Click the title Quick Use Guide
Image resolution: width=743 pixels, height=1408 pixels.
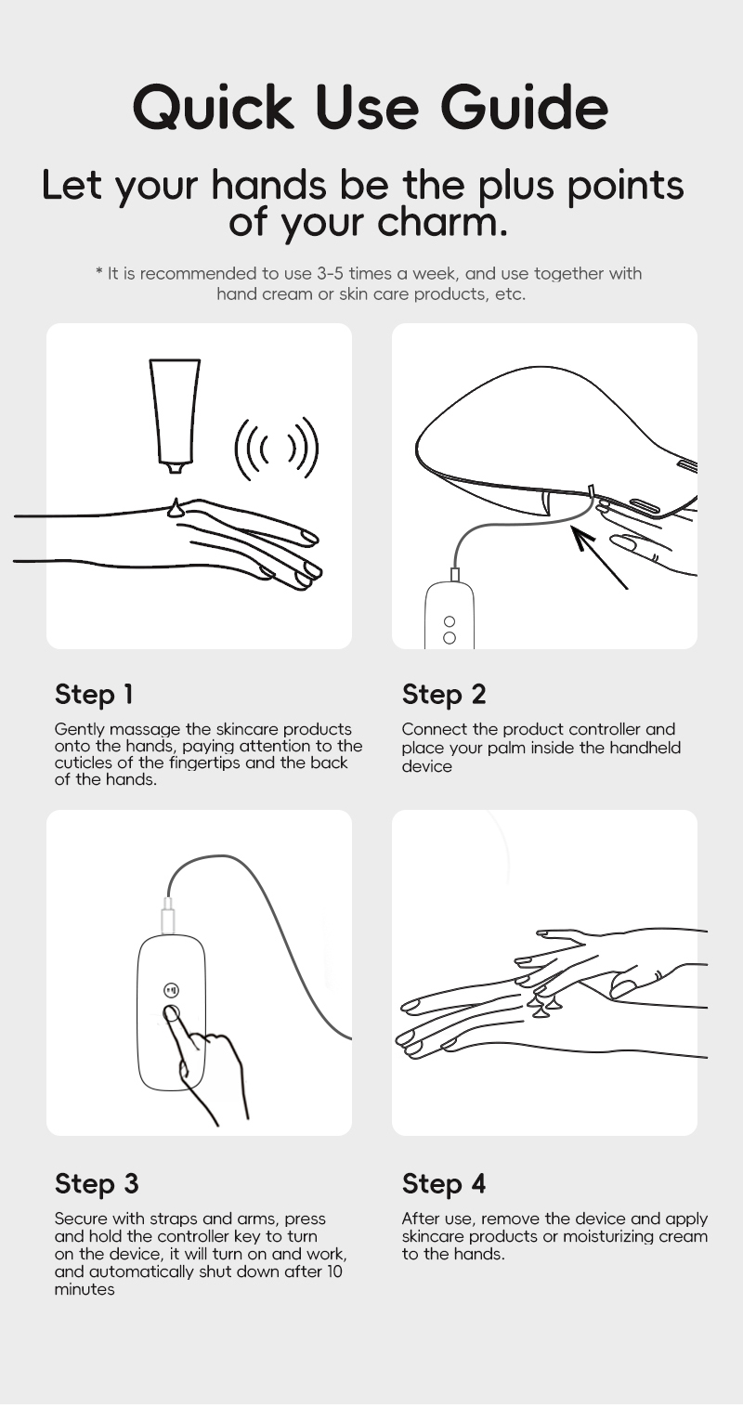(x=371, y=108)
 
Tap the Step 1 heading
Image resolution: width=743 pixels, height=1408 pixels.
(x=94, y=694)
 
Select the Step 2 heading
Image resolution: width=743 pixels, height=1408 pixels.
(x=444, y=694)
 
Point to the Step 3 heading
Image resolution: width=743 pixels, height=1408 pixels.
(x=97, y=1183)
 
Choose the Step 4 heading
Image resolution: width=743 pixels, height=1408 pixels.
(x=444, y=1183)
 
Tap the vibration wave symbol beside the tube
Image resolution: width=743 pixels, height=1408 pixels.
(x=276, y=450)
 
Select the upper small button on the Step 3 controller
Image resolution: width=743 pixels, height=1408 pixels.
(x=171, y=990)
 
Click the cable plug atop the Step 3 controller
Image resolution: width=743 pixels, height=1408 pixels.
(x=168, y=917)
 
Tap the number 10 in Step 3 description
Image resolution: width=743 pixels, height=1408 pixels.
(x=333, y=1271)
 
